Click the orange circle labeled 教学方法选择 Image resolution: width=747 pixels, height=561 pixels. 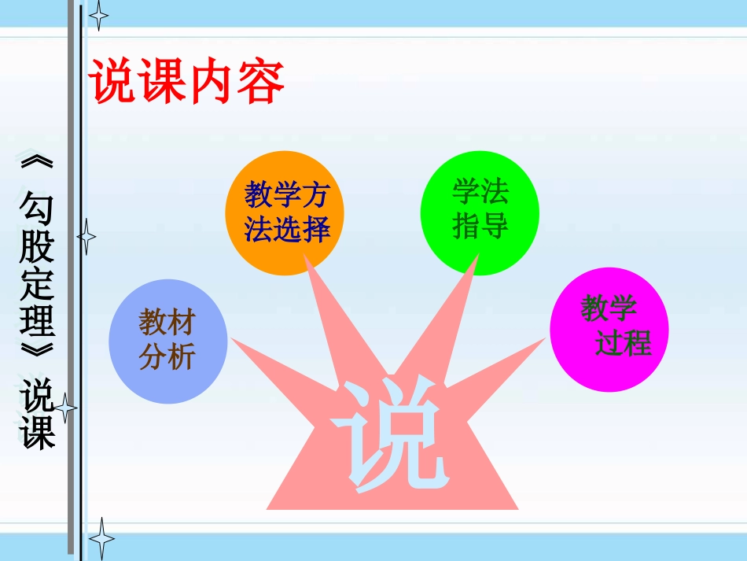(285, 213)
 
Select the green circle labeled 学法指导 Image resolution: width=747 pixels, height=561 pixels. (480, 212)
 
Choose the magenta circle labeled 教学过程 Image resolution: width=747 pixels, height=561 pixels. (609, 329)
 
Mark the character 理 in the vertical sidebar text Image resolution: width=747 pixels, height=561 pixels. (37, 322)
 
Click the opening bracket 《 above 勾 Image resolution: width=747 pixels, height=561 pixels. (37, 164)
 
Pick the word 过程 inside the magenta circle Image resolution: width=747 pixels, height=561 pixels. (623, 344)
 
